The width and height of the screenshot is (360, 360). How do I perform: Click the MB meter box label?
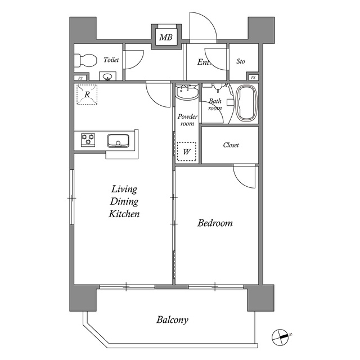166,37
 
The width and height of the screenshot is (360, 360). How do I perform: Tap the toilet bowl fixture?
85,60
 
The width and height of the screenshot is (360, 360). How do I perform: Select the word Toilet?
111,60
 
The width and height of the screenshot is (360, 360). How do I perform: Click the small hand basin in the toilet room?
107,76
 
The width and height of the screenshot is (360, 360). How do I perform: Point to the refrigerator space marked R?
87,94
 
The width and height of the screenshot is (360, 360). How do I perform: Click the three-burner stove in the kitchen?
88,139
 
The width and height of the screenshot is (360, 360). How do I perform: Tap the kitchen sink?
118,141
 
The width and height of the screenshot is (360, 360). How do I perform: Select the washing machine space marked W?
186,151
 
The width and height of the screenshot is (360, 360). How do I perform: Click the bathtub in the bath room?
246,103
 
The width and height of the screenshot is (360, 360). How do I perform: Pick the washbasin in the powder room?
187,92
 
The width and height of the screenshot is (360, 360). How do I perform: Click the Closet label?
231,145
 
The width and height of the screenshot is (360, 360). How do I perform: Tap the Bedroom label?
215,223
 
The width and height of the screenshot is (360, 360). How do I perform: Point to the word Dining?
124,201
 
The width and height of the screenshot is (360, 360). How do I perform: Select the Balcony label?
173,319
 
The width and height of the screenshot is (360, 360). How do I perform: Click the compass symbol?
281,337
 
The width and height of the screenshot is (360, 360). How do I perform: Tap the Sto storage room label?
241,61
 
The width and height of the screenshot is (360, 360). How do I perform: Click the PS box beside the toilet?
80,78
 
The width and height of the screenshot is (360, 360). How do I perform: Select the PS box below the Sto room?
253,78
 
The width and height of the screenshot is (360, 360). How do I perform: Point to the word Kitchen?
124,214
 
